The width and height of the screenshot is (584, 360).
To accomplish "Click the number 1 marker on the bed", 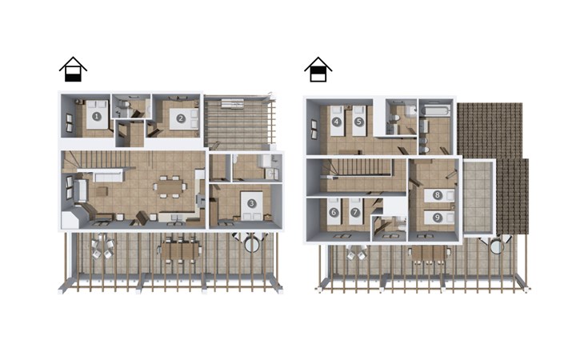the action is (x=97, y=117).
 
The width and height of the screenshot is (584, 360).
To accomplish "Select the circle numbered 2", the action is (x=181, y=118).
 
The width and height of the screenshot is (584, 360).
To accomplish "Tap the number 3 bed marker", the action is (x=252, y=203).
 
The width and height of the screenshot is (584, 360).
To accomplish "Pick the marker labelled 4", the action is (x=337, y=122).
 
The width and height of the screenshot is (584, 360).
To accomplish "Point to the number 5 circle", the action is (x=358, y=122).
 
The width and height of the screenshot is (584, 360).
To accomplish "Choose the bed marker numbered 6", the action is (x=334, y=213).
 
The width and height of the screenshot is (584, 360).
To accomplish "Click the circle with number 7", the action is (x=355, y=213).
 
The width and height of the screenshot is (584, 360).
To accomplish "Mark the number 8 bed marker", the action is (x=438, y=194).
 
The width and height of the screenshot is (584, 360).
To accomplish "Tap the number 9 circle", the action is (x=438, y=218).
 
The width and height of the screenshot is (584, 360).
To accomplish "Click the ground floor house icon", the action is (x=73, y=70).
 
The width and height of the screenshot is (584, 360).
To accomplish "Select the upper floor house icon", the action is (x=318, y=70).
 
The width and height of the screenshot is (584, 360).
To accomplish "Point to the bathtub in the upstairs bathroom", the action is (x=436, y=110).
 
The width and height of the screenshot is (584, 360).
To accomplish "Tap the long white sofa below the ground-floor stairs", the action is (x=108, y=176).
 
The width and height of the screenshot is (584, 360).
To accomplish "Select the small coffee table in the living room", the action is (x=102, y=191).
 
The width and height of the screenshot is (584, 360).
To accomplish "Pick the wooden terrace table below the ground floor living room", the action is (x=181, y=250).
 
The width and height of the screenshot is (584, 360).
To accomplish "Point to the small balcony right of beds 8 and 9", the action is (x=479, y=198).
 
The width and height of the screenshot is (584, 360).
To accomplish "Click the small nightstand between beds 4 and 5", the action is (x=348, y=107).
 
